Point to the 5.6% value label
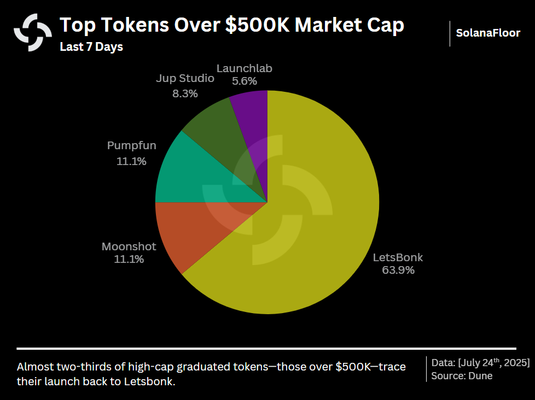coord(244,81)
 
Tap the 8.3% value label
coord(185,93)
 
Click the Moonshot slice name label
coord(129,246)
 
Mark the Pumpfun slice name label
coord(131,146)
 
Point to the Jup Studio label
coord(185,79)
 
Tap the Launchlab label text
coord(244,68)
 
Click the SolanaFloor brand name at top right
coord(488,33)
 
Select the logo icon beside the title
coord(33,32)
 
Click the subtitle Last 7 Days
coord(91,47)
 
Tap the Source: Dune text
coord(462,376)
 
